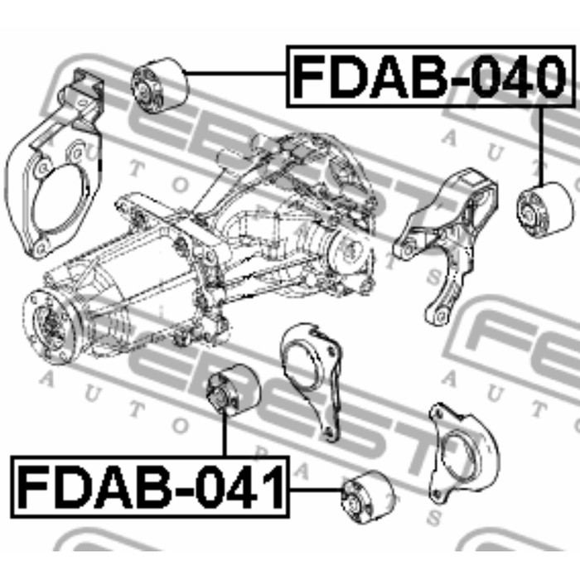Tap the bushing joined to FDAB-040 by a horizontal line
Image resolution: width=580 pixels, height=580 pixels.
point(161,85)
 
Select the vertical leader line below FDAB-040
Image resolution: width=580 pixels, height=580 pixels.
point(540,145)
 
